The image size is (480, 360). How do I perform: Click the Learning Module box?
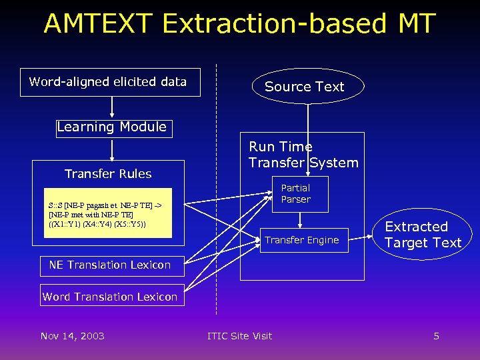[x=112, y=127]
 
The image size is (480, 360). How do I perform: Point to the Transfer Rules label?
[x=108, y=174]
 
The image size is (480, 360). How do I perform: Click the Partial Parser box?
[x=300, y=193]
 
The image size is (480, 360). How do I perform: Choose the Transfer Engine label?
[x=302, y=240]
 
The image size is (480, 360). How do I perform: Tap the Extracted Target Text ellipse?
[x=423, y=235]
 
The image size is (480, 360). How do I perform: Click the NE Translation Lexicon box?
[x=109, y=265]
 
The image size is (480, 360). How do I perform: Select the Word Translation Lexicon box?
[x=110, y=297]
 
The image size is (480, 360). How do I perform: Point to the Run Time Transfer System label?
[x=303, y=155]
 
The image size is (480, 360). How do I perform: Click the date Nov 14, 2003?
[x=72, y=336]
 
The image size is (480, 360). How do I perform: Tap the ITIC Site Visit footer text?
[x=240, y=336]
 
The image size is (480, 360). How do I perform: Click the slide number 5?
[x=436, y=336]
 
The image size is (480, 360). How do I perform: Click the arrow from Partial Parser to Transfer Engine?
[x=300, y=220]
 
